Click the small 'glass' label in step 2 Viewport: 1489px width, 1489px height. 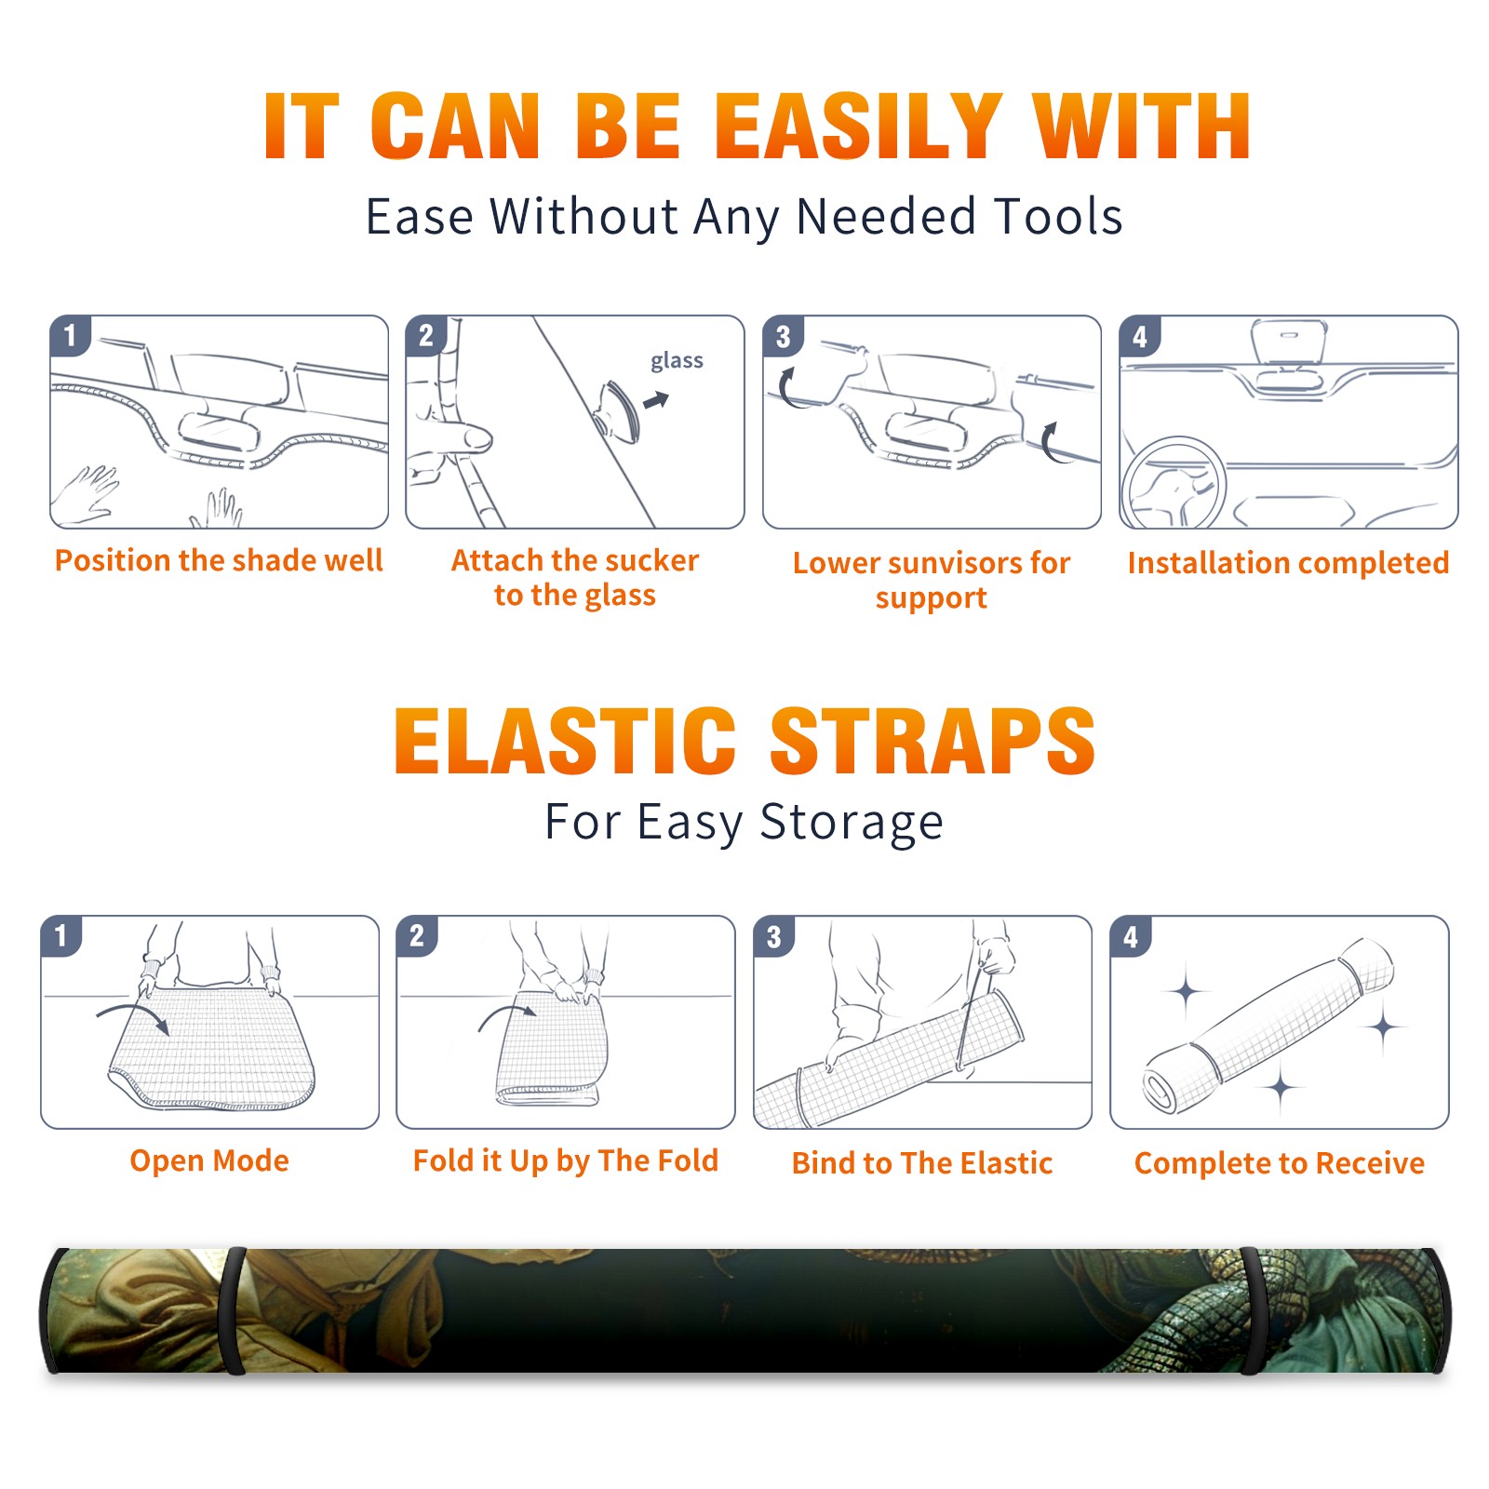[x=677, y=361]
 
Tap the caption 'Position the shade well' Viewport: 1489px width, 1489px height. [x=219, y=560]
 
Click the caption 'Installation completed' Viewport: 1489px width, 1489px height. [x=1288, y=562]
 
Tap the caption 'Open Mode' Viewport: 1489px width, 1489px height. [x=209, y=1160]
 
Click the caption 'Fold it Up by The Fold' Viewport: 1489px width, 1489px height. [x=566, y=1160]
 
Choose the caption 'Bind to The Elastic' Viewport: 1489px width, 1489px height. [x=922, y=1163]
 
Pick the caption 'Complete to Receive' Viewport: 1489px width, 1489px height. [x=1280, y=1163]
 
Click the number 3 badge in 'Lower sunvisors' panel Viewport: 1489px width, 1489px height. [x=783, y=336]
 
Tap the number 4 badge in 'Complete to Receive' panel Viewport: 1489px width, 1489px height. [x=1131, y=936]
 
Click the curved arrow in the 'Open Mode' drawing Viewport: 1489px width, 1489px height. [x=133, y=1009]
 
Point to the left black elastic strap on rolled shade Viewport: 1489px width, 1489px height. [x=234, y=1310]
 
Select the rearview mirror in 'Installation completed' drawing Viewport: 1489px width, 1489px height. [x=1289, y=342]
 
